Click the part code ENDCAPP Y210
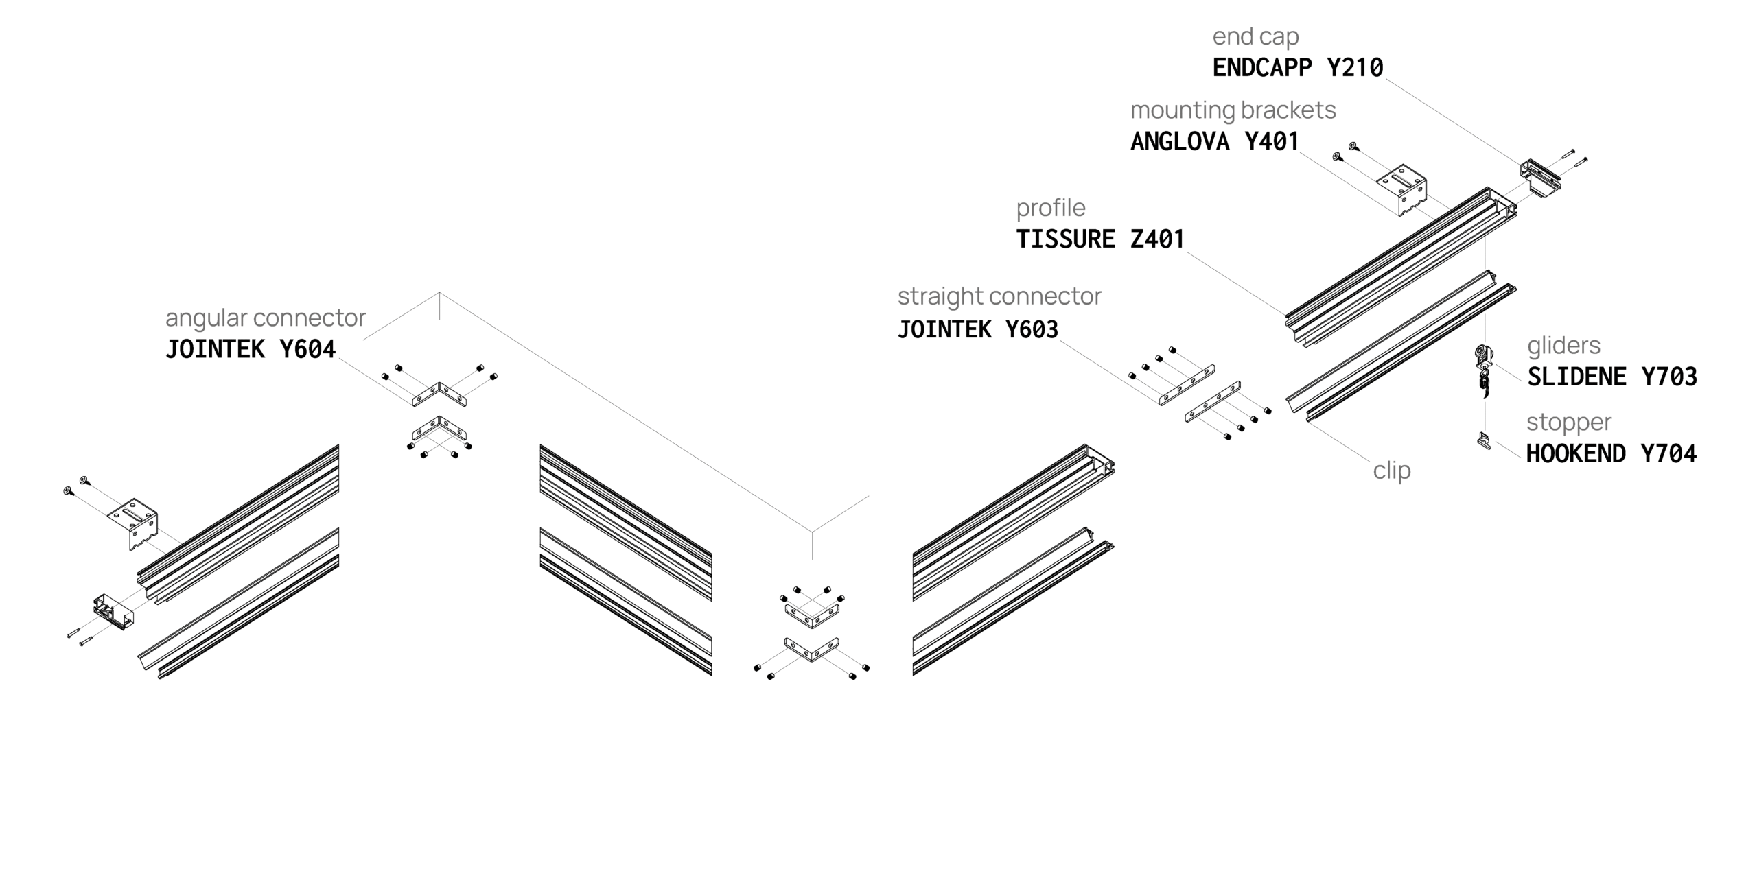coord(1297,68)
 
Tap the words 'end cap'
coord(1255,36)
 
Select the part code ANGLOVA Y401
coord(1215,141)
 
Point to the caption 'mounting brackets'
coord(1233,110)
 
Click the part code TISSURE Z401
coord(1100,239)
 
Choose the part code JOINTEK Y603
coord(978,330)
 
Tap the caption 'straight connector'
coord(999,296)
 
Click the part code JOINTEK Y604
coord(251,350)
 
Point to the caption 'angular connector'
coord(266,318)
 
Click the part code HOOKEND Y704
coord(1611,454)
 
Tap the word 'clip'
coord(1392,471)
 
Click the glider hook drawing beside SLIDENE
coord(1483,370)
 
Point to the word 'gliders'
coord(1563,346)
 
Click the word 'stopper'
coord(1568,423)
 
